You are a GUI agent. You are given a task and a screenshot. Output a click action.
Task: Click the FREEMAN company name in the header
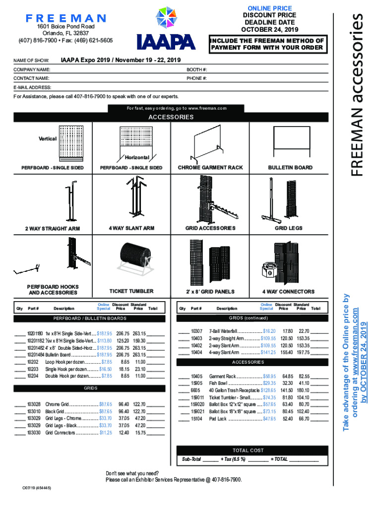tap(66, 18)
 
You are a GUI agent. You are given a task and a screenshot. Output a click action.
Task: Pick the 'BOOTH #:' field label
tap(197, 69)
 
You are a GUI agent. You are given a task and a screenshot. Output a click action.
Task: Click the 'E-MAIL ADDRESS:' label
tap(33, 87)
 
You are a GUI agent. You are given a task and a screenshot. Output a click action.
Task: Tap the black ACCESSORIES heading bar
tap(171, 118)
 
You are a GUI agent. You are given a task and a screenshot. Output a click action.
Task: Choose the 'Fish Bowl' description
tap(218, 383)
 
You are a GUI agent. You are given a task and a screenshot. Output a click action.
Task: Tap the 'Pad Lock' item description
tap(218, 419)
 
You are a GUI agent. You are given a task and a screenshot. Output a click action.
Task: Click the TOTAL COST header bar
tap(248, 450)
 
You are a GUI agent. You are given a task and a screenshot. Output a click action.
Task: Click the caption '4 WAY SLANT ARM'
tap(131, 228)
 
